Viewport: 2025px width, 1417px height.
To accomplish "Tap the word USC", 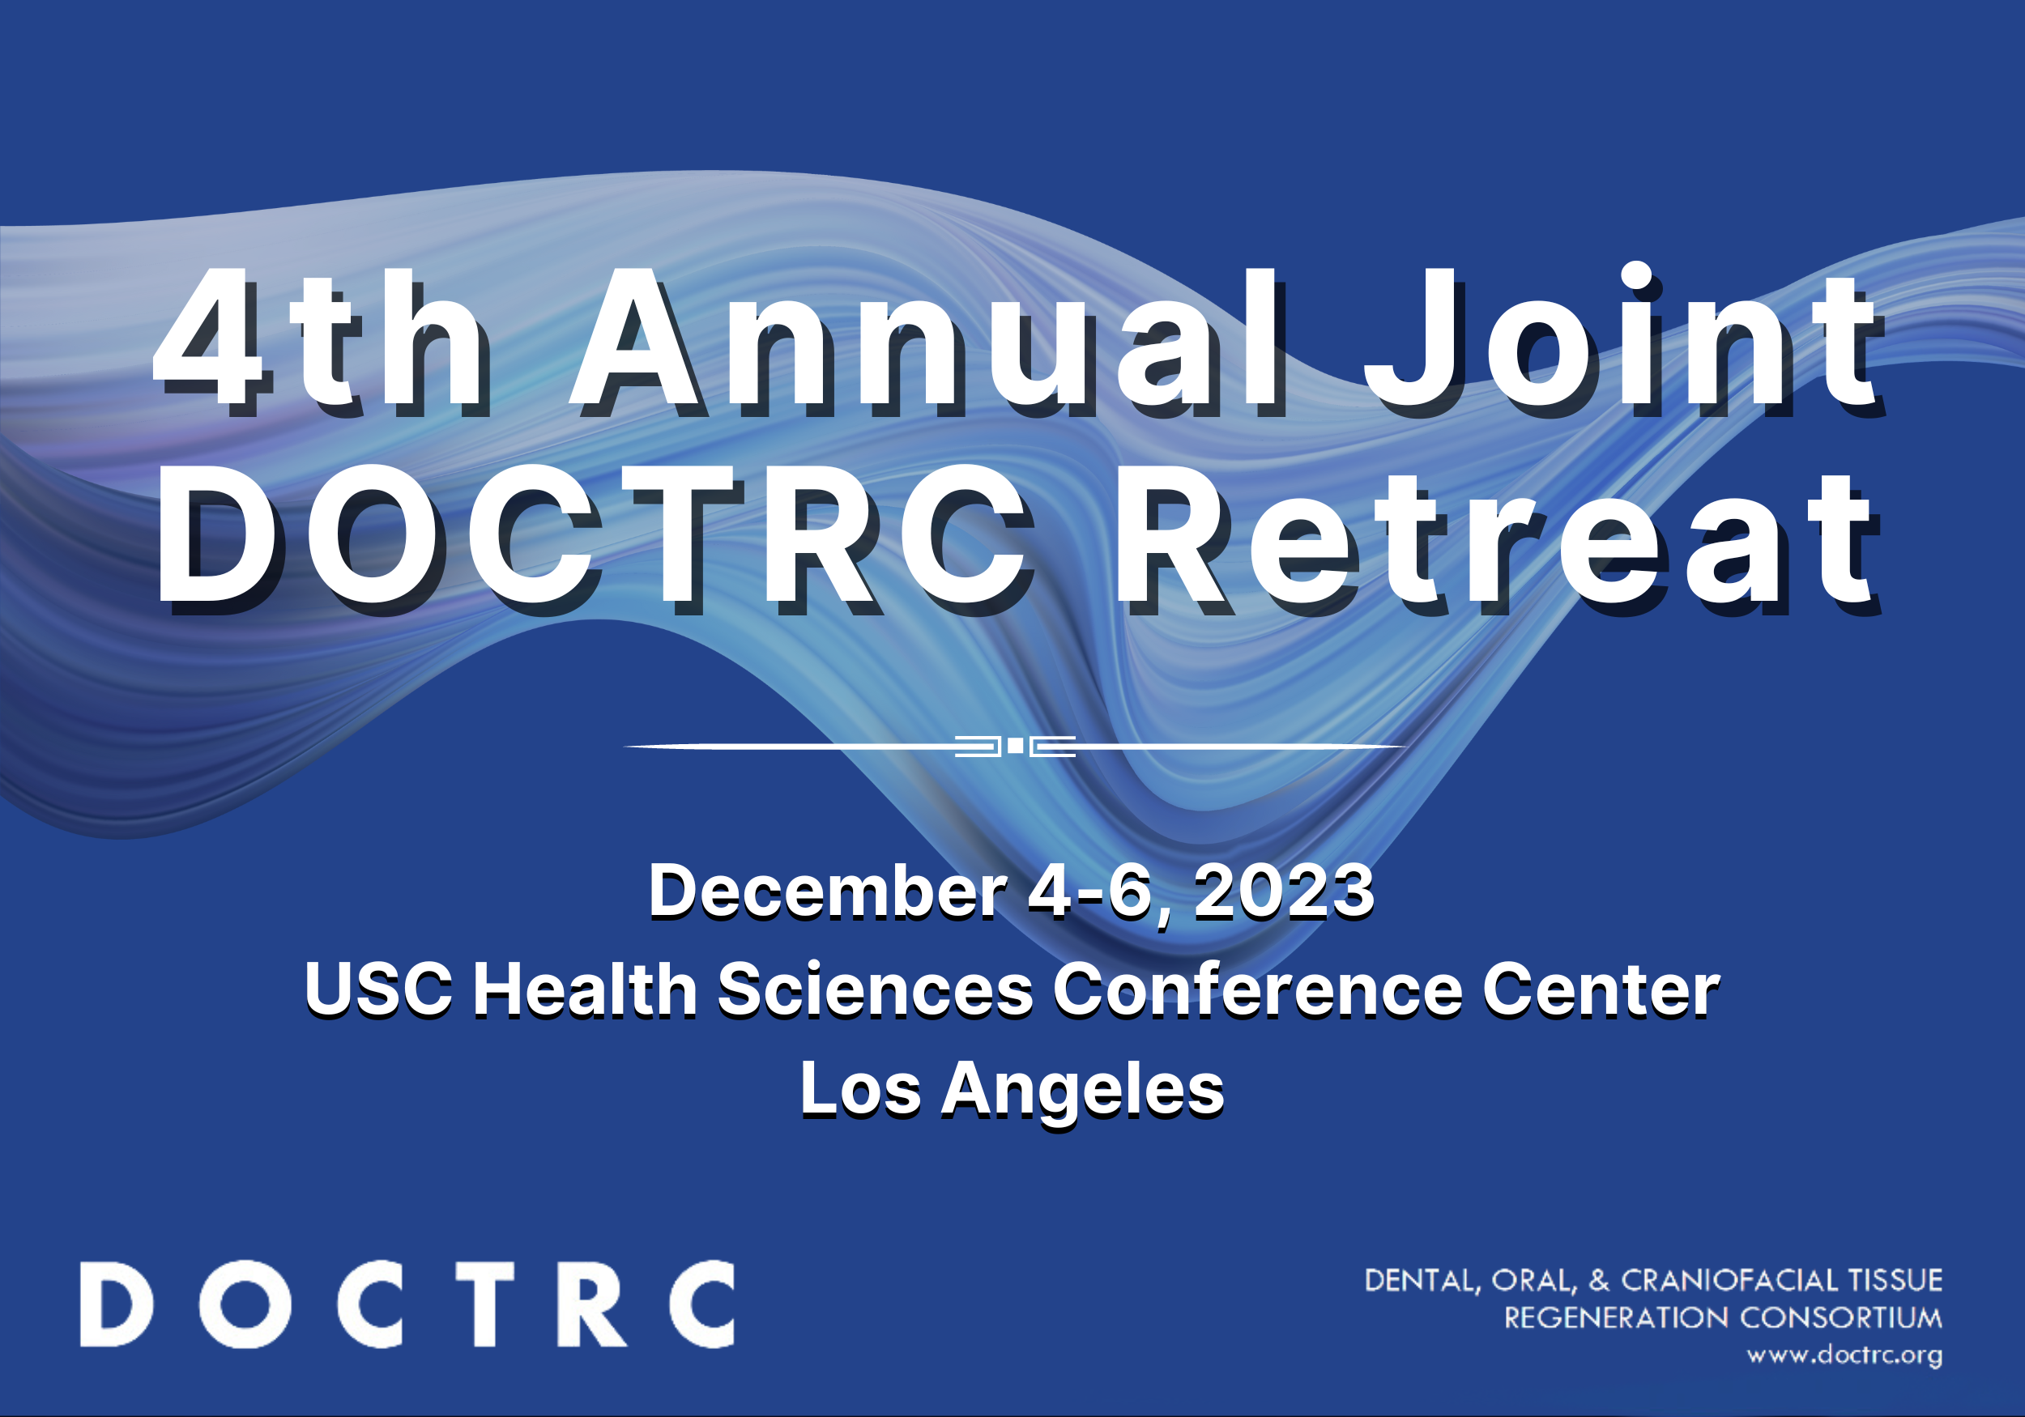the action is click(x=378, y=989).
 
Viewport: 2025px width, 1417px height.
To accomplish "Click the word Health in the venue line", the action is click(x=585, y=989).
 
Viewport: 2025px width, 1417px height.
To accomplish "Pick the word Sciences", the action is click(x=875, y=989).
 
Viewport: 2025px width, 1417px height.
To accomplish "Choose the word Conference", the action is click(x=1257, y=989).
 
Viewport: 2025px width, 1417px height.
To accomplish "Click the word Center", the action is click(x=1601, y=989).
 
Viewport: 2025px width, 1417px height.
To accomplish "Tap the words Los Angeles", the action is click(x=1012, y=1091).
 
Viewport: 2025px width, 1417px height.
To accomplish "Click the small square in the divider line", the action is click(x=1015, y=746).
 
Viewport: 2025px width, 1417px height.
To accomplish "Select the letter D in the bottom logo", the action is click(x=116, y=1305).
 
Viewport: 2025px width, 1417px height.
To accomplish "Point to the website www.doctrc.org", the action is click(x=1844, y=1355).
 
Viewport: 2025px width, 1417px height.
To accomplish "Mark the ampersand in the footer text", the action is click(x=1598, y=1280).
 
